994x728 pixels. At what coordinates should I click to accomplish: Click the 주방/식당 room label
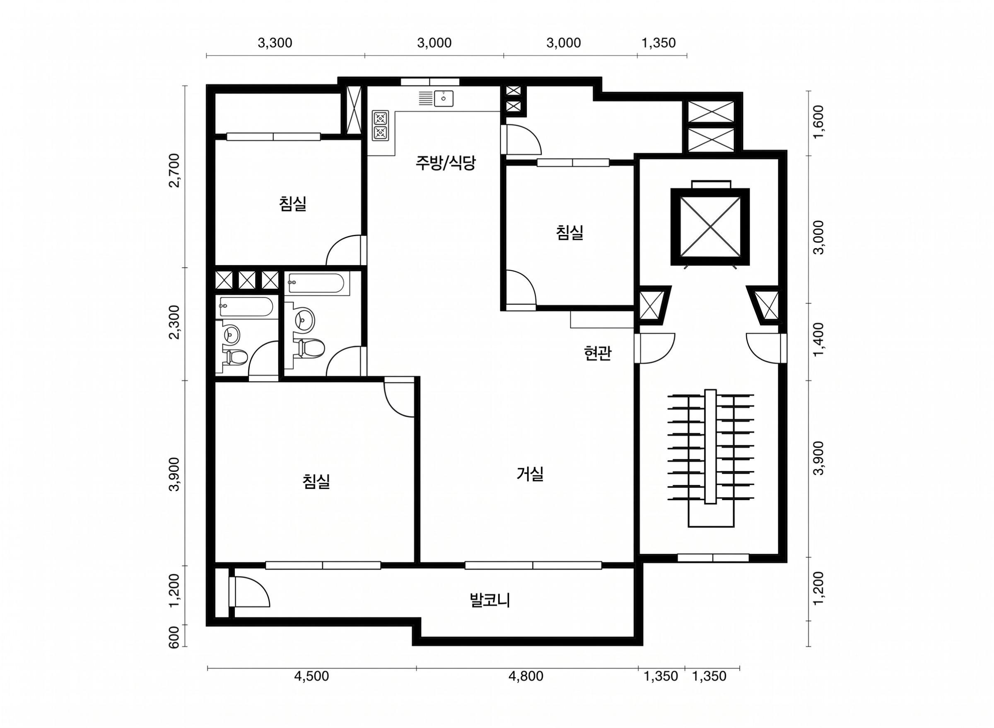[x=445, y=164]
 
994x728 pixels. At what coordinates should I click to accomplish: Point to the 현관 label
[x=597, y=353]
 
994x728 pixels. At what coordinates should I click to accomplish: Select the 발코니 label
[x=490, y=601]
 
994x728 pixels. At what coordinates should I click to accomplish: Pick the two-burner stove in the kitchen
[x=380, y=126]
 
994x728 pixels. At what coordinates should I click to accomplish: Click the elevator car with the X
[x=709, y=227]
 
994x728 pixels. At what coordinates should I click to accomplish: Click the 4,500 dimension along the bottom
[x=311, y=676]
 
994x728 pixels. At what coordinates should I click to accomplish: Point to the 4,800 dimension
[x=526, y=676]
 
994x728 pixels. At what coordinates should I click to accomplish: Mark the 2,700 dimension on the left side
[x=175, y=171]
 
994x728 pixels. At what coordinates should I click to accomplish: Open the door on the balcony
[x=249, y=592]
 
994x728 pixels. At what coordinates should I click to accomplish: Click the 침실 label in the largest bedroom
[x=316, y=481]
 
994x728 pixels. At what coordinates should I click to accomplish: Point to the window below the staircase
[x=713, y=557]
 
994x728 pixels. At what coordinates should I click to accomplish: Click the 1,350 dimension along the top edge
[x=659, y=43]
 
